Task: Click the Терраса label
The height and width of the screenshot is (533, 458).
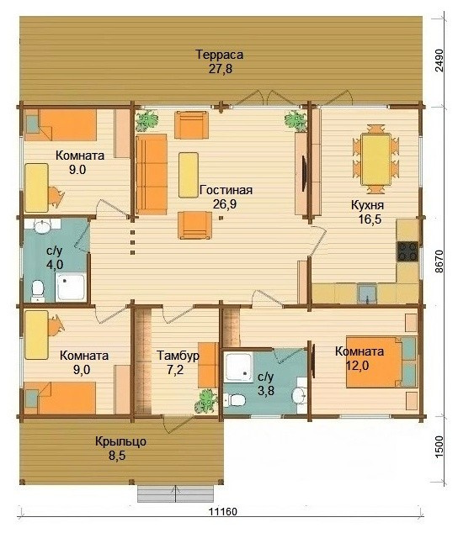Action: [x=220, y=55]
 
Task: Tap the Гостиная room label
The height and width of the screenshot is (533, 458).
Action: [x=226, y=190]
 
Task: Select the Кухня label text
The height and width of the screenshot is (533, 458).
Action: [x=367, y=205]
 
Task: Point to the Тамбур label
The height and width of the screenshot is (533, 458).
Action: [x=178, y=356]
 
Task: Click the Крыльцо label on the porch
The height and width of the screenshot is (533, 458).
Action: [x=120, y=441]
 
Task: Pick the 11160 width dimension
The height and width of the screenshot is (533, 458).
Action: [x=223, y=511]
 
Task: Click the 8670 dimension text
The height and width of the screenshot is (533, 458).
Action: [x=439, y=261]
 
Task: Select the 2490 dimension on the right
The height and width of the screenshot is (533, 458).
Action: [x=439, y=61]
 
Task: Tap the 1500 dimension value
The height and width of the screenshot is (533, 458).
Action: [x=439, y=447]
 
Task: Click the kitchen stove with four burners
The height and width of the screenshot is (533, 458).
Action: [x=407, y=251]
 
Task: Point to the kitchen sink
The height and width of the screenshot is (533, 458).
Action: [x=367, y=293]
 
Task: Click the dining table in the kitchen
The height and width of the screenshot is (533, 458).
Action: [x=375, y=160]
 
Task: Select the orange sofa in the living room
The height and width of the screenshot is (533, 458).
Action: [x=152, y=174]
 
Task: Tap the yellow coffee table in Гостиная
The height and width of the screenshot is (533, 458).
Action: [x=189, y=175]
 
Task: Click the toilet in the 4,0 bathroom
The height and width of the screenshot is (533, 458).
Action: [x=37, y=291]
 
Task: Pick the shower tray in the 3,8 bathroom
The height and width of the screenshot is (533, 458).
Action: [x=239, y=367]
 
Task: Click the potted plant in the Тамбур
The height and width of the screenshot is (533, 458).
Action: [x=206, y=401]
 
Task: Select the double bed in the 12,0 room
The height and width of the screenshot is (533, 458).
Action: [x=381, y=362]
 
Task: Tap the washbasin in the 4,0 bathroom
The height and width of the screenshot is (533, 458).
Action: [x=43, y=226]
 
